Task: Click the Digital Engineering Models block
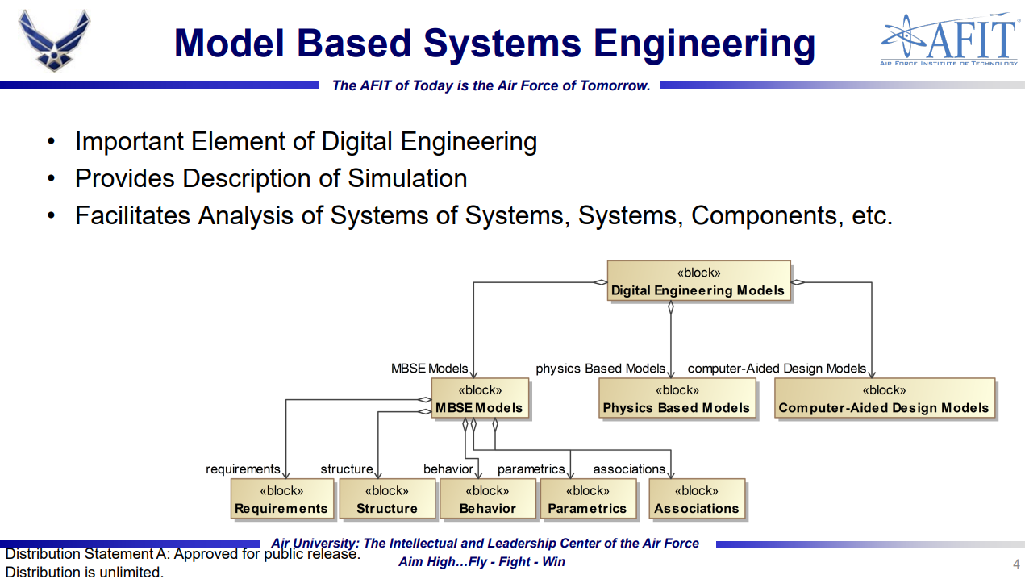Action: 698,281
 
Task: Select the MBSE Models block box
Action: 480,398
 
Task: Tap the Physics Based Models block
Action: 677,398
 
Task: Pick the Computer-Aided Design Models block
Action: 885,398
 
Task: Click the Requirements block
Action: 282,499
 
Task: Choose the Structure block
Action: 387,499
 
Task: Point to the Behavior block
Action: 488,499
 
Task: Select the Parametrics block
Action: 589,499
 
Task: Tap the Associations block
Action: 697,499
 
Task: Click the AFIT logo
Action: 949,40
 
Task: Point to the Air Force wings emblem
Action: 55,40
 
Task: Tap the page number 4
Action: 1016,564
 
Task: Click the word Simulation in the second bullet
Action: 407,178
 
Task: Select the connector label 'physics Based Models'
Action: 600,369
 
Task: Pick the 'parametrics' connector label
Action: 531,469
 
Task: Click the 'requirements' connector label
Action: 243,469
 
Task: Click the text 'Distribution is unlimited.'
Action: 85,572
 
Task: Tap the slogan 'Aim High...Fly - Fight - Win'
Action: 481,561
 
